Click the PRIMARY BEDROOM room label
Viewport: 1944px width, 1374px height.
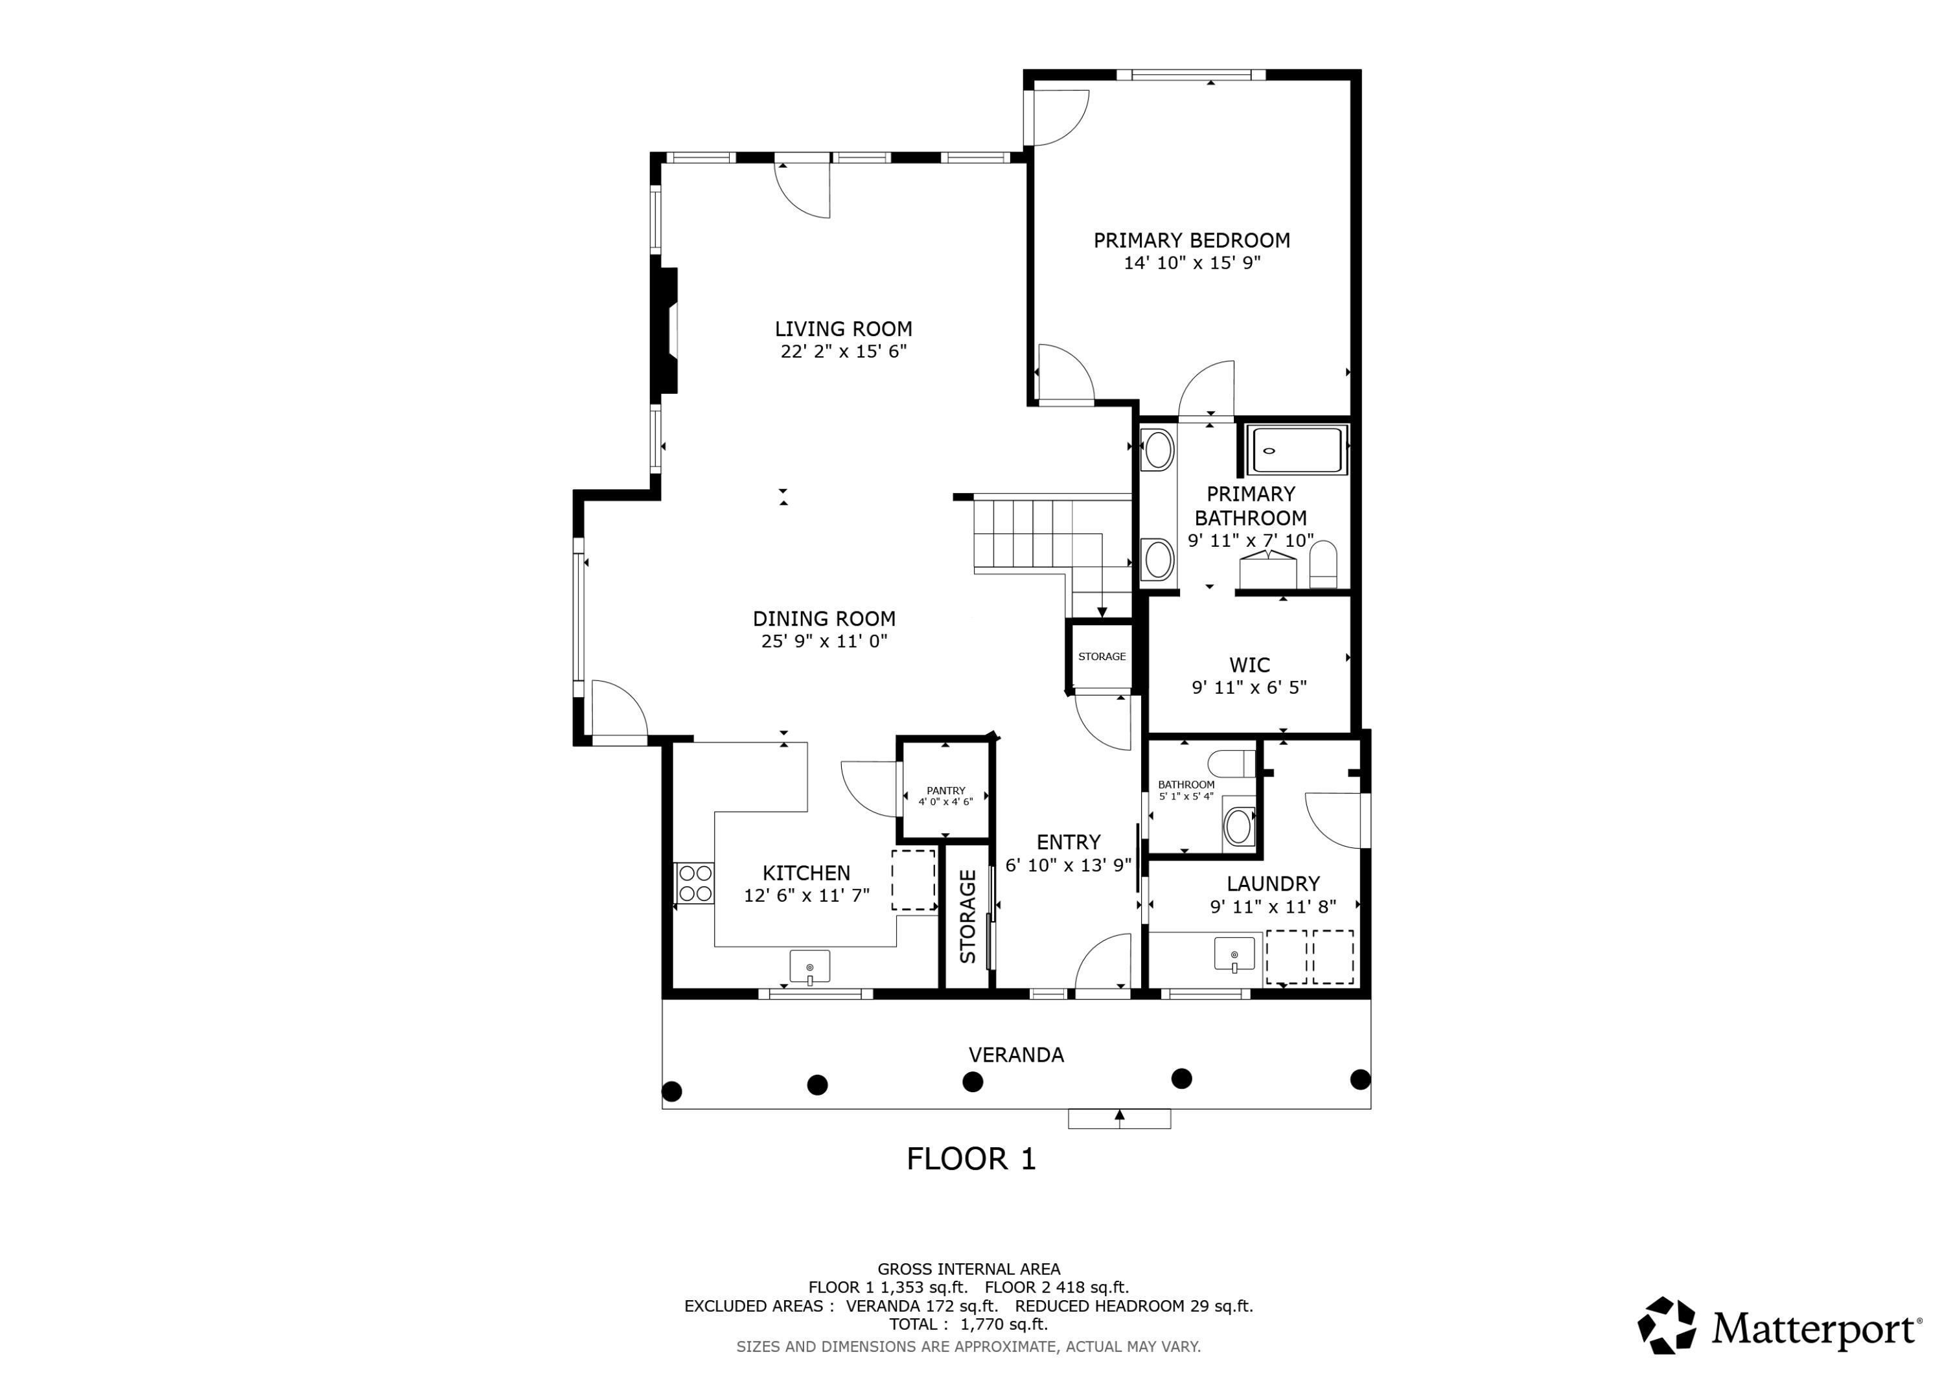[x=1191, y=240]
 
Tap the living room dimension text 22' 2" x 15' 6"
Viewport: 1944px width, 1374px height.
[x=843, y=351]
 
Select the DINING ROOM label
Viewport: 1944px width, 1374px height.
[x=824, y=619]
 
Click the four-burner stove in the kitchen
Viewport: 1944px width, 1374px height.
[x=694, y=883]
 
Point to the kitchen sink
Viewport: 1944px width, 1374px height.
[x=809, y=966]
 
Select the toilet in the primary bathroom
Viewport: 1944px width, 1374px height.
[x=1323, y=566]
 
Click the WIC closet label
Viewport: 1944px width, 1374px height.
[x=1249, y=665]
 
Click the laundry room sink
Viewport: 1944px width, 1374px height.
[x=1234, y=954]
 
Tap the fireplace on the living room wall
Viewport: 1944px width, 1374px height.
[x=666, y=330]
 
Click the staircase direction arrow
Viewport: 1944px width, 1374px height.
[x=1102, y=612]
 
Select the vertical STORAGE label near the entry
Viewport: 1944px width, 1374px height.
[x=967, y=916]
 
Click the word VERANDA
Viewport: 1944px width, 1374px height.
[x=1016, y=1055]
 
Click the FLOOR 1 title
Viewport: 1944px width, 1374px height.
[x=971, y=1159]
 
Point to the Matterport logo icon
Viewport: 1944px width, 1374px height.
[x=1666, y=1326]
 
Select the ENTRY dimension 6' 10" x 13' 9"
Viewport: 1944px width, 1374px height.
[x=1068, y=865]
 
